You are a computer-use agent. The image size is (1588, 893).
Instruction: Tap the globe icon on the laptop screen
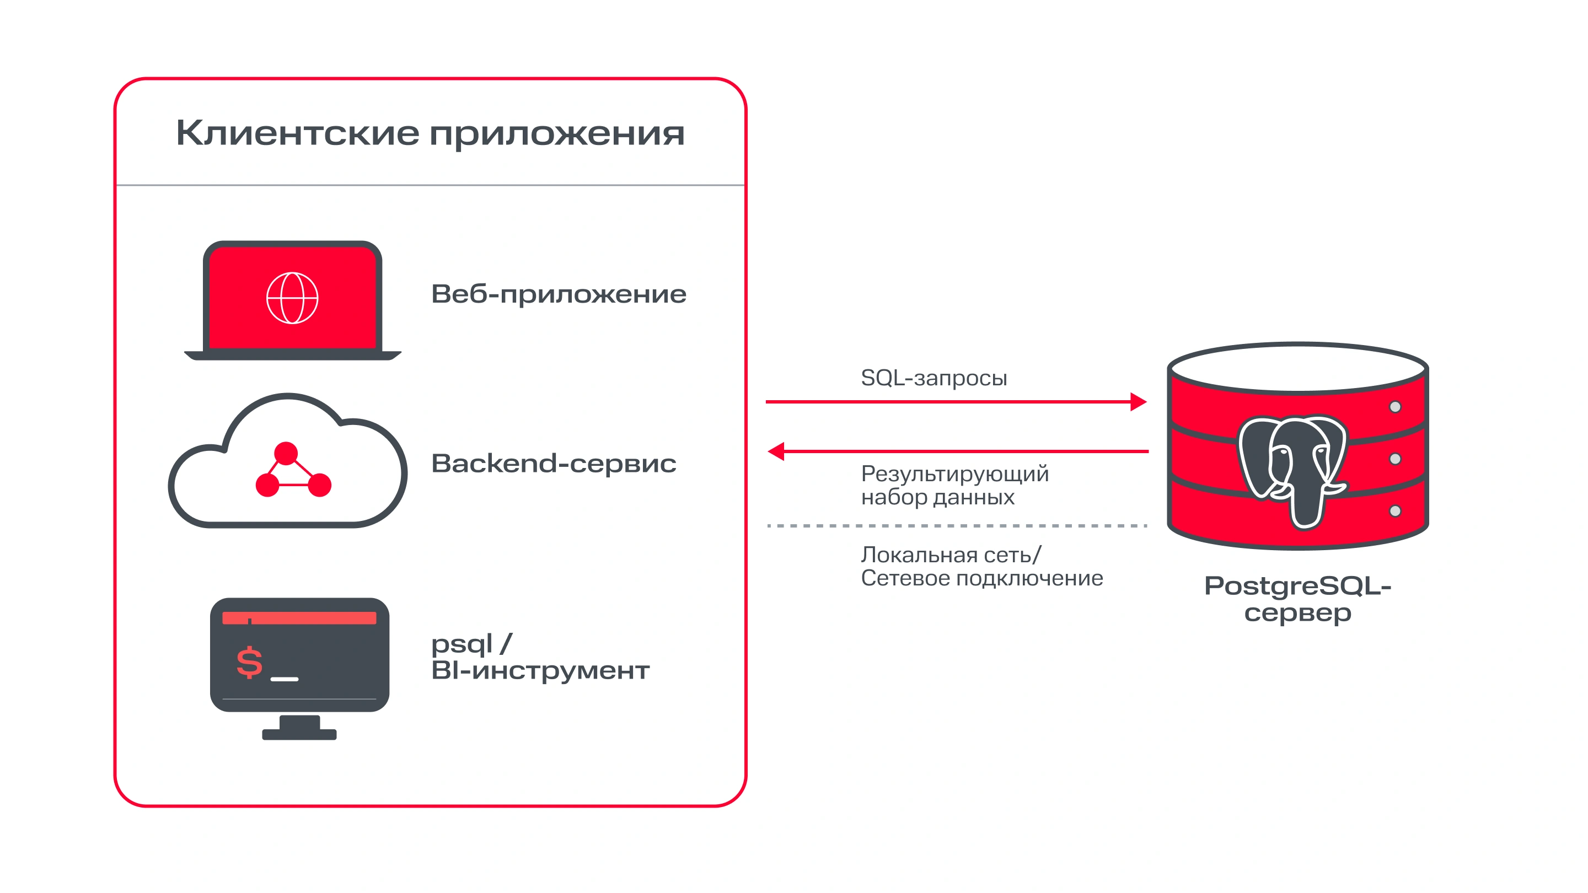pyautogui.click(x=292, y=298)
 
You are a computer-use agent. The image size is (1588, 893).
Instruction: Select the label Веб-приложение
pyautogui.click(x=559, y=294)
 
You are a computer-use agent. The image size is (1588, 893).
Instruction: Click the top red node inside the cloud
pyautogui.click(x=286, y=453)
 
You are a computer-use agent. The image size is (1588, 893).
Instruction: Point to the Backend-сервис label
pyautogui.click(x=554, y=464)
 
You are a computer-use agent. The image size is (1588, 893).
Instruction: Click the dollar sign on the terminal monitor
pyautogui.click(x=250, y=663)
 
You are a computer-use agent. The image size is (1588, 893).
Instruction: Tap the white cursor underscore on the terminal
pyautogui.click(x=284, y=679)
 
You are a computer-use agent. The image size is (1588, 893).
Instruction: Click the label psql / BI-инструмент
pyautogui.click(x=540, y=657)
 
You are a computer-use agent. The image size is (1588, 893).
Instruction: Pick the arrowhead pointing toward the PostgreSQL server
pyautogui.click(x=1138, y=402)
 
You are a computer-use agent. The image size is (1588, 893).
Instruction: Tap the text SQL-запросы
pyautogui.click(x=934, y=378)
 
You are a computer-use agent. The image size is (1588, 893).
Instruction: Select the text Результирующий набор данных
pyautogui.click(x=954, y=485)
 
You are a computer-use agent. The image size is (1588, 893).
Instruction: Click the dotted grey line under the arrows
pyautogui.click(x=956, y=526)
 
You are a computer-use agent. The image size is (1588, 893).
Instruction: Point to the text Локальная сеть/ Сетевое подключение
pyautogui.click(x=981, y=566)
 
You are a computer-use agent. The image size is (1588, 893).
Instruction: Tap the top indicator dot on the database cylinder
pyautogui.click(x=1395, y=407)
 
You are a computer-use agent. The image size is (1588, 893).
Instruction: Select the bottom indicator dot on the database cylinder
pyautogui.click(x=1395, y=511)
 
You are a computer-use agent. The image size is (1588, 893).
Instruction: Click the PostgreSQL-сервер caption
pyautogui.click(x=1297, y=599)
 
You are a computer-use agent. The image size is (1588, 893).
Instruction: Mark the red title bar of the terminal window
pyautogui.click(x=299, y=618)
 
